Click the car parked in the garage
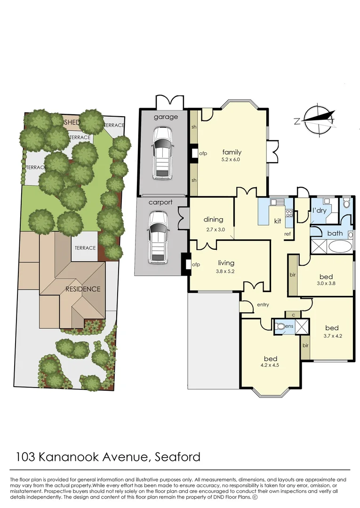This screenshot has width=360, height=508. (x=162, y=152)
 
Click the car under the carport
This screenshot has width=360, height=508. (x=158, y=238)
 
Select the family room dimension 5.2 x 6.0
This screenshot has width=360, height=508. (x=231, y=159)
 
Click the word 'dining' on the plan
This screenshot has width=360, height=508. (x=213, y=219)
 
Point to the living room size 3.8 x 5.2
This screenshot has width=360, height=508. (x=225, y=271)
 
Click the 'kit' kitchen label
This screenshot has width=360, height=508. (x=278, y=221)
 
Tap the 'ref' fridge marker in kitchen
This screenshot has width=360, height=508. (x=288, y=234)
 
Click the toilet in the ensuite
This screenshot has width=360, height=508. (x=280, y=326)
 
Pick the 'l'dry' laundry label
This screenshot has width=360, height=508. (x=319, y=211)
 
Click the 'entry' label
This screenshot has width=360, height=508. (x=263, y=304)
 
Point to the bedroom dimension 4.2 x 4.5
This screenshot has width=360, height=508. (x=270, y=365)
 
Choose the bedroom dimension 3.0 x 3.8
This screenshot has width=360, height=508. (x=326, y=283)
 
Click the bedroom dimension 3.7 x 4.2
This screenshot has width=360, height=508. (x=332, y=336)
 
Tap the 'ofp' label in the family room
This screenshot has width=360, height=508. (x=203, y=153)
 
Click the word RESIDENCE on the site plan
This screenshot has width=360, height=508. (x=83, y=289)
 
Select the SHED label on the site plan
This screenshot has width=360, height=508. (x=72, y=122)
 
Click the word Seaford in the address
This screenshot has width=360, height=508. (x=177, y=457)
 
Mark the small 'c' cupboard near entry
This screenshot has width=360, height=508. (x=293, y=315)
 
